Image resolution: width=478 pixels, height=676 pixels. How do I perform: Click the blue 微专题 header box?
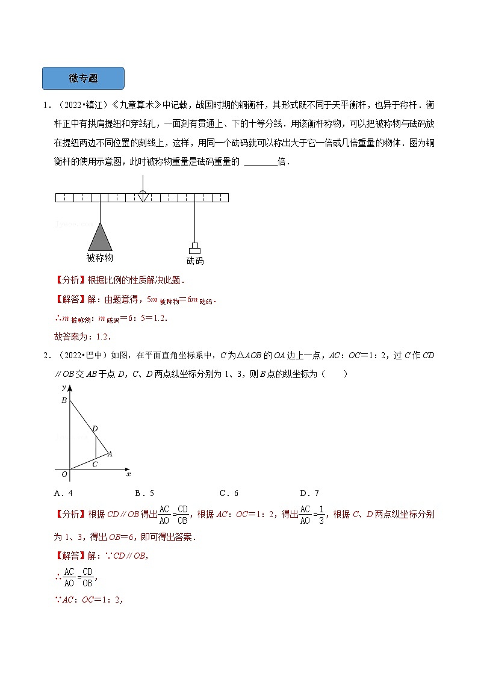coord(83,78)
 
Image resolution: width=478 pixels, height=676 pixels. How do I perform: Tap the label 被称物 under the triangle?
coord(100,258)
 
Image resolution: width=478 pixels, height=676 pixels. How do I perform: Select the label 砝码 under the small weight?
coord(194,261)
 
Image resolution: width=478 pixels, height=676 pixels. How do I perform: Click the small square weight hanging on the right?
coord(194,248)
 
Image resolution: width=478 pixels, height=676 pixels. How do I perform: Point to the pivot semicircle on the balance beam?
coord(142,194)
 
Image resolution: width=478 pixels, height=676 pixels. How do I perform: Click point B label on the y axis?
coord(65,400)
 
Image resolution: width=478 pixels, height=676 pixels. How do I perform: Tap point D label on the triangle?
coord(94,429)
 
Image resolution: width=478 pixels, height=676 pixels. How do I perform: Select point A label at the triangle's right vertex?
coord(110,454)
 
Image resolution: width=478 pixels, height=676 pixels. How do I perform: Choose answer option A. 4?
coord(63,494)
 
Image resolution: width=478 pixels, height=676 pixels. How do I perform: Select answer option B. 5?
coord(145,494)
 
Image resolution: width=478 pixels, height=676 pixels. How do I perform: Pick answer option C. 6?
coord(229,494)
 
